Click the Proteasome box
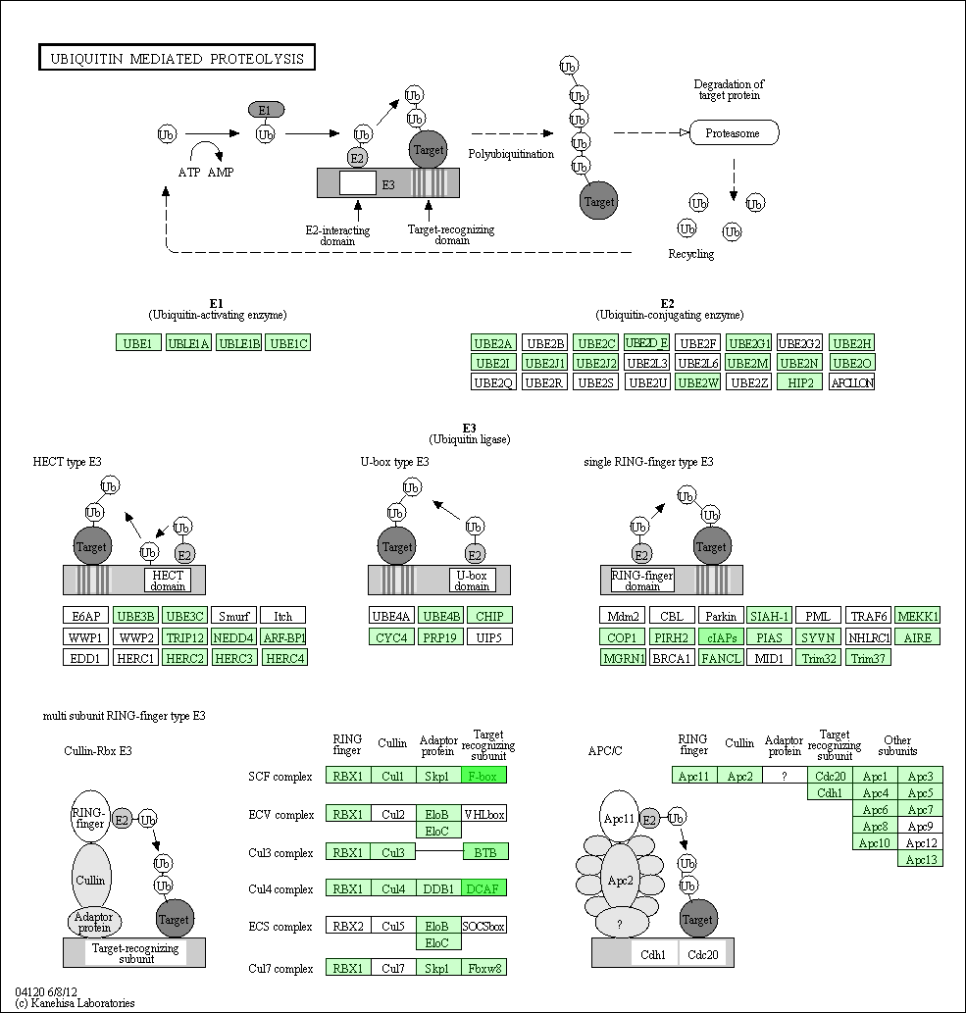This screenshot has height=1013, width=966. coord(734,132)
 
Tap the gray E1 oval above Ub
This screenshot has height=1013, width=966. coord(266,109)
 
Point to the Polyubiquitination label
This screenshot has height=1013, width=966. coord(511,154)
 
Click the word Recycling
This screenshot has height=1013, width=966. coord(691,254)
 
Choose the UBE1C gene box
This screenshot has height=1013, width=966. coord(288,342)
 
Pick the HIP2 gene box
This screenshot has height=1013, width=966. coord(799,381)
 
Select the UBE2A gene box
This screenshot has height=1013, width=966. coord(493,342)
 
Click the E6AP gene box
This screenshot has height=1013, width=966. coord(86,616)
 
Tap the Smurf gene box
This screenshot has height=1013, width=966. coord(233,616)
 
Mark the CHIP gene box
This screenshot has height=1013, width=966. coord(488,616)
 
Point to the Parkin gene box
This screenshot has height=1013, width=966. coord(720,616)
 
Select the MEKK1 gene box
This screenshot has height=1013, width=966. coord(918,616)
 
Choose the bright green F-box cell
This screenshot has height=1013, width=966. coord(483,776)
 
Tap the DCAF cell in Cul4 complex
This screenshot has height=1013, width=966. coord(483,888)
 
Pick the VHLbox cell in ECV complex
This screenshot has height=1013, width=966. coord(483,813)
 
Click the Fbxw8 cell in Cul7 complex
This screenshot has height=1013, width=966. coord(483,968)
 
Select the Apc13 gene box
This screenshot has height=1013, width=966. coord(921,859)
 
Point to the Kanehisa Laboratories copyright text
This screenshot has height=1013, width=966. coord(76,1003)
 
